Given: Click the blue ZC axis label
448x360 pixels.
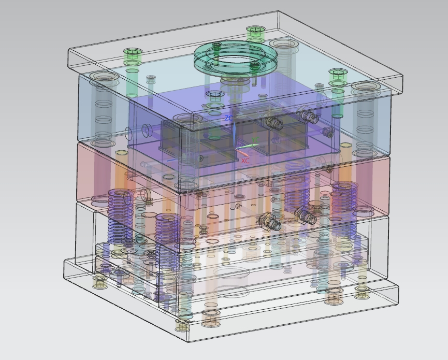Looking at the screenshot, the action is [x=229, y=118].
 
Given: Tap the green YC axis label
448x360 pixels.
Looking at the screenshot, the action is [x=255, y=139].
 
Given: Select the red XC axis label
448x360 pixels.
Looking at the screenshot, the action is [x=245, y=161].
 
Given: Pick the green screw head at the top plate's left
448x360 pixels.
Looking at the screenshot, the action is [x=133, y=53].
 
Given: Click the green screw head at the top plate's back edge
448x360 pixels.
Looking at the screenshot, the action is [x=256, y=30].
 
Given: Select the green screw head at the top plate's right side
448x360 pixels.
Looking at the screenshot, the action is [x=338, y=74].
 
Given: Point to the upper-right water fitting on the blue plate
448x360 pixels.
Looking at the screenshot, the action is [x=308, y=116].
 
